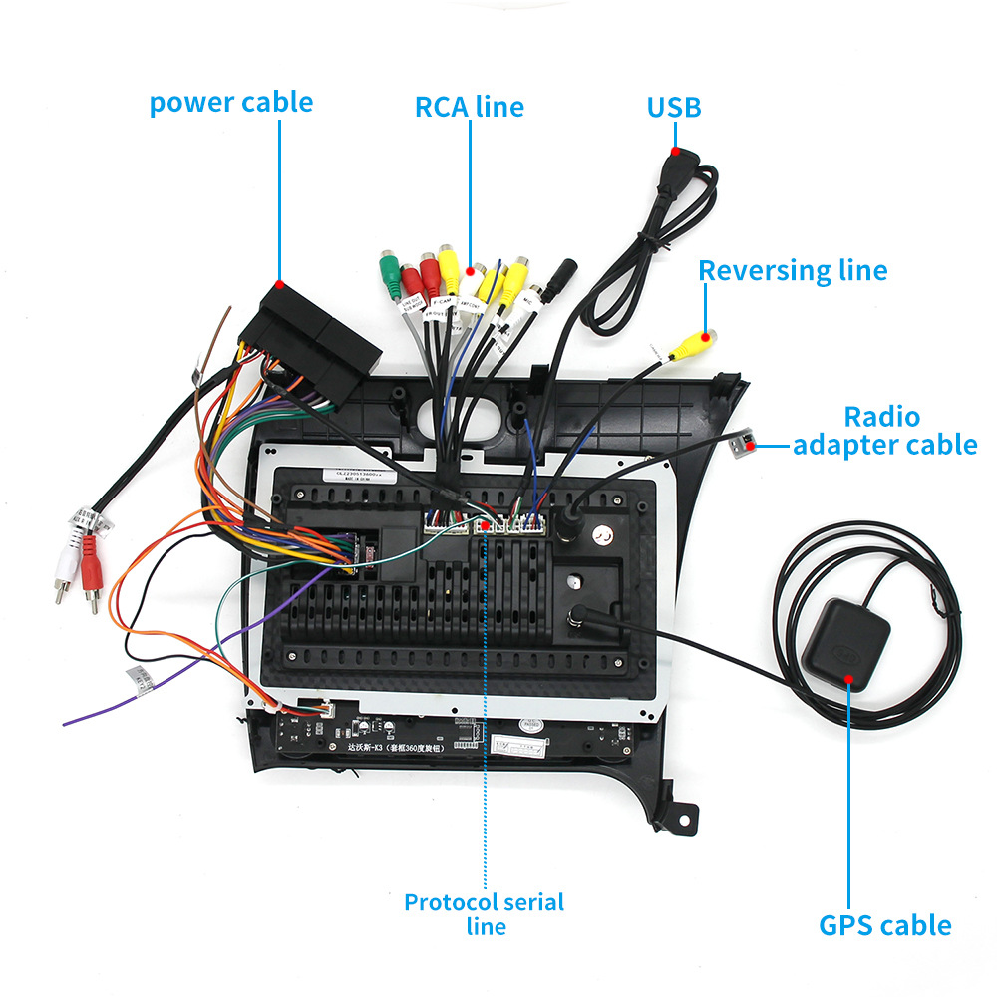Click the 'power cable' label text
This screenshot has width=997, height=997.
[230, 103]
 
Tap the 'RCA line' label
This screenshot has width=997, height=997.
[469, 107]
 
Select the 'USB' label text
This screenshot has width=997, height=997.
[674, 107]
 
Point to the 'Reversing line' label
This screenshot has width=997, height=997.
[793, 270]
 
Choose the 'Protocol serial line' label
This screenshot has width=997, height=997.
[485, 913]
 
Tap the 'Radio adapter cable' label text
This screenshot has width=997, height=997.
[883, 431]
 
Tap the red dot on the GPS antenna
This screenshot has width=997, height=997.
[849, 680]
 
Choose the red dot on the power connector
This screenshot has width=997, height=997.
[281, 285]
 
